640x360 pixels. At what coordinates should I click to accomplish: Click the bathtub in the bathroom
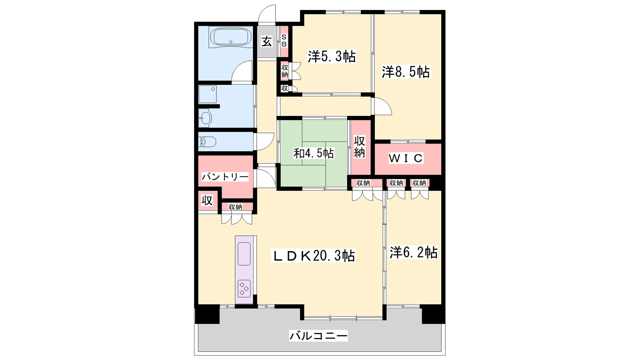tap(230, 37)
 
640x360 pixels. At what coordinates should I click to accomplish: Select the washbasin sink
tap(206, 118)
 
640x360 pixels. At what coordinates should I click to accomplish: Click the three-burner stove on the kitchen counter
tap(244, 288)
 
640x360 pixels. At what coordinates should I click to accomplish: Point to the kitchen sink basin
tap(244, 254)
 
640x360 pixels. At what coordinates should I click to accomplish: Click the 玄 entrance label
tap(266, 42)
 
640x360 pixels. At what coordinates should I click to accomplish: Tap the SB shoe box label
tap(284, 40)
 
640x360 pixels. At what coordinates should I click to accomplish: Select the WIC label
tap(406, 158)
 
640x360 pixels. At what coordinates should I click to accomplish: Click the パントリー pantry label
tap(225, 177)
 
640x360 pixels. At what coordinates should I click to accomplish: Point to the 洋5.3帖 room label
tap(332, 56)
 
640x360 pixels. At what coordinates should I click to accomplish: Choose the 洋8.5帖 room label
tap(406, 72)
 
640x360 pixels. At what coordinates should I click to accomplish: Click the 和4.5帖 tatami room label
tap(314, 154)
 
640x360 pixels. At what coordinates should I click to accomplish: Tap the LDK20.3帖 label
tap(313, 256)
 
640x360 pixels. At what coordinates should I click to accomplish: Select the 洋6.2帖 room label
tap(414, 252)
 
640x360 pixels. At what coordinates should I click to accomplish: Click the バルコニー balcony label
tap(318, 336)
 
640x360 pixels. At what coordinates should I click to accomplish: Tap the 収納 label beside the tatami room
tap(360, 147)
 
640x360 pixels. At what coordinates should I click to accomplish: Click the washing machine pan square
tap(208, 94)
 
